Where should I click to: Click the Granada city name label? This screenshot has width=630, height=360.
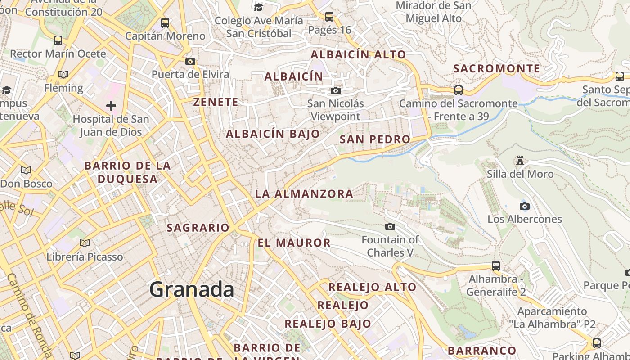(191, 289)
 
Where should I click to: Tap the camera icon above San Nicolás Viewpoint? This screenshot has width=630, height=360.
(335, 90)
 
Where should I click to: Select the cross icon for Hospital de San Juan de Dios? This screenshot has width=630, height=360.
(111, 106)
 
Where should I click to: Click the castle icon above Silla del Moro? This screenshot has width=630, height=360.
(520, 161)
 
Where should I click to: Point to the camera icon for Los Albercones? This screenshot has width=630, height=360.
(524, 206)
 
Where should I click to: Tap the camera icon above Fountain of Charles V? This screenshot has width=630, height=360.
(390, 226)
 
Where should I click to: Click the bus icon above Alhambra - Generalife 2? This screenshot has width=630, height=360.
(495, 265)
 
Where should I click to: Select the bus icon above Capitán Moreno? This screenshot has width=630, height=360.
(165, 22)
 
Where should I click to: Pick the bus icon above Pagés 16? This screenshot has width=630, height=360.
(329, 17)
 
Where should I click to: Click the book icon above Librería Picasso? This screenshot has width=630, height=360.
(84, 243)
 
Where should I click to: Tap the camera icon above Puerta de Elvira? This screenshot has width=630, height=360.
(190, 61)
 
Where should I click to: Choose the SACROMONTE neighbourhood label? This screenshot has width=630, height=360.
(496, 69)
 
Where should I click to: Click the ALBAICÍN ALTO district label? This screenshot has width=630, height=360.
(358, 54)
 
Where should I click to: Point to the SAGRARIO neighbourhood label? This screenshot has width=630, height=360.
(198, 228)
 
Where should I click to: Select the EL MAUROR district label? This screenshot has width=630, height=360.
(294, 243)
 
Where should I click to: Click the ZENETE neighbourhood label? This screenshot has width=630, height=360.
(216, 102)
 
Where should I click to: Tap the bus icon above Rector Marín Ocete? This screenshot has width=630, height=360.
(58, 40)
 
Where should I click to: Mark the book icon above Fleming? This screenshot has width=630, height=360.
(63, 74)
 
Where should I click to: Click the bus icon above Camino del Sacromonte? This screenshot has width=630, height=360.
(458, 90)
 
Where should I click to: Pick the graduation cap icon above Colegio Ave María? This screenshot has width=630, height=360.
(258, 7)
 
